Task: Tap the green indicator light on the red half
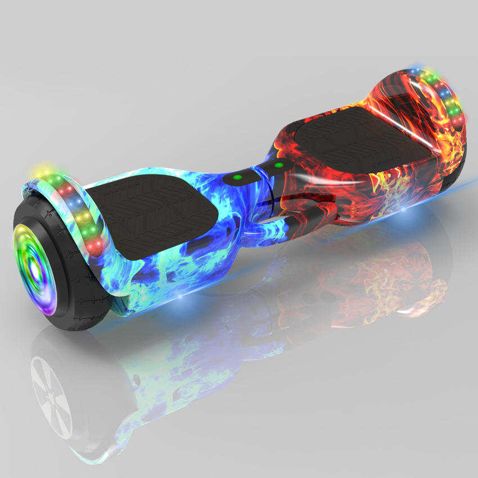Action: pyautogui.click(x=278, y=165)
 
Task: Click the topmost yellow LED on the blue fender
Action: pyautogui.click(x=43, y=169)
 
